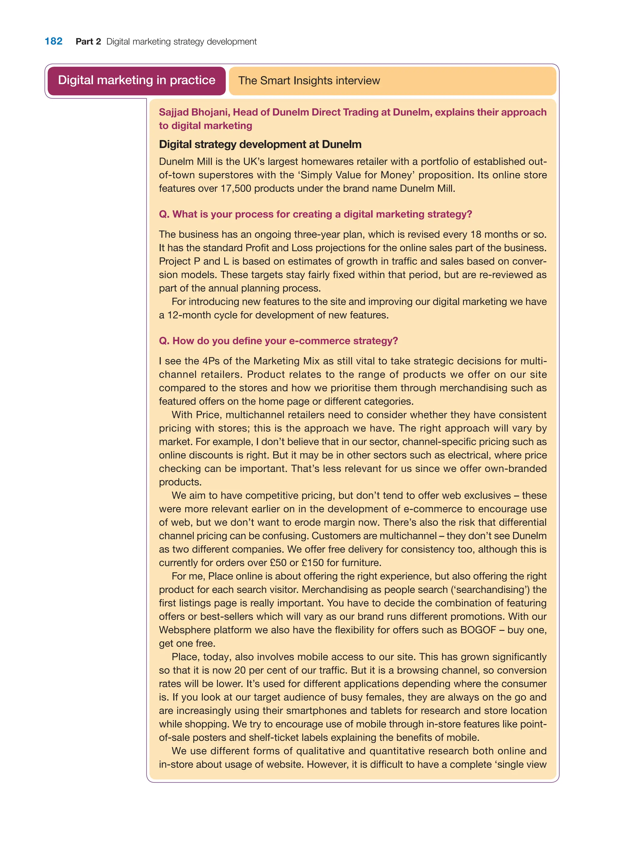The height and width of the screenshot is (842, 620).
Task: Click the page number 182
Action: (x=53, y=41)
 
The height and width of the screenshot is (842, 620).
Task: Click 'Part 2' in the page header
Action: (x=88, y=42)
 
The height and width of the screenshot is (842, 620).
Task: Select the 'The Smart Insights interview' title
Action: (x=309, y=81)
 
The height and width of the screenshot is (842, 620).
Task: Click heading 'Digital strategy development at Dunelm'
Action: (x=260, y=144)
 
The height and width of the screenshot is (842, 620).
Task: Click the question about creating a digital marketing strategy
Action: (x=315, y=214)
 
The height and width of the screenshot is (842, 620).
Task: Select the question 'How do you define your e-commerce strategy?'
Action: (x=278, y=341)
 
